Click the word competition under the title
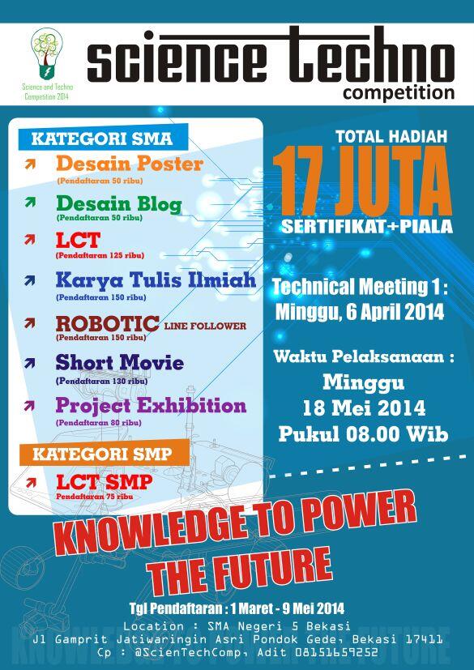click(398, 93)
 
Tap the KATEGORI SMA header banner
click(96, 139)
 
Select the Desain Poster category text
click(130, 164)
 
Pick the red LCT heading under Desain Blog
click(78, 241)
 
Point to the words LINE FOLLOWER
click(205, 326)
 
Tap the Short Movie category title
click(119, 363)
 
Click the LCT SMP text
click(104, 481)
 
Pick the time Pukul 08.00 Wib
click(363, 433)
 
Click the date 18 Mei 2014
click(363, 406)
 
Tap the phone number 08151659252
click(338, 651)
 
